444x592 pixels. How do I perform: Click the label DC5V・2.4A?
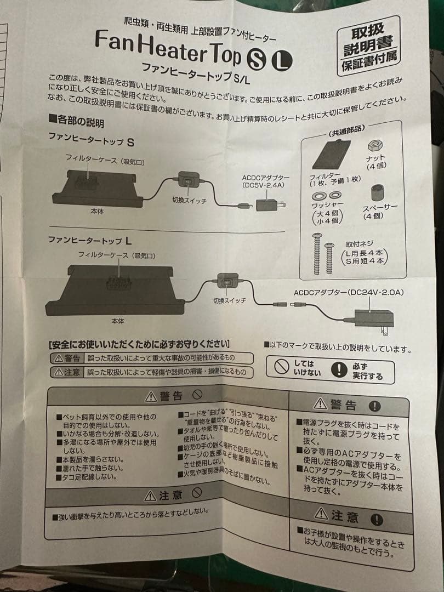[266, 185]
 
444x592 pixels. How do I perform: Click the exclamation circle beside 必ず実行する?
[342, 370]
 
